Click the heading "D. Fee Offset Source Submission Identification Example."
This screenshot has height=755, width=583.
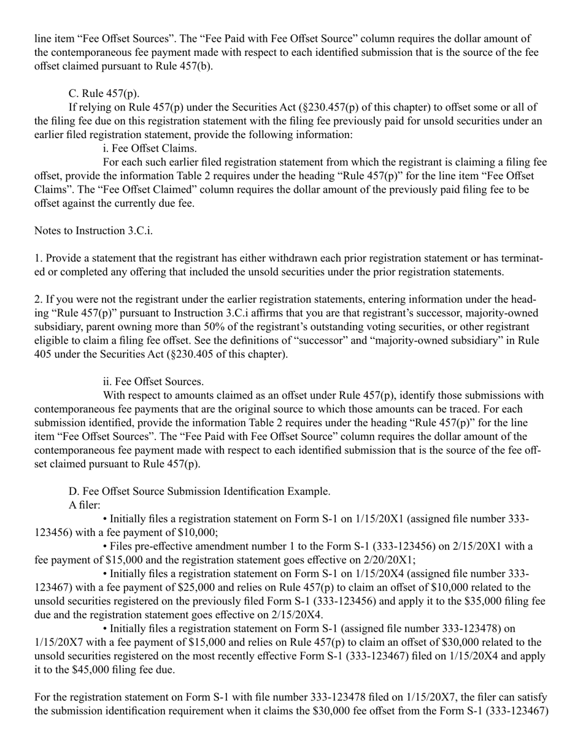[199, 491]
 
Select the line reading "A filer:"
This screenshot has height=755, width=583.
[84, 505]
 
